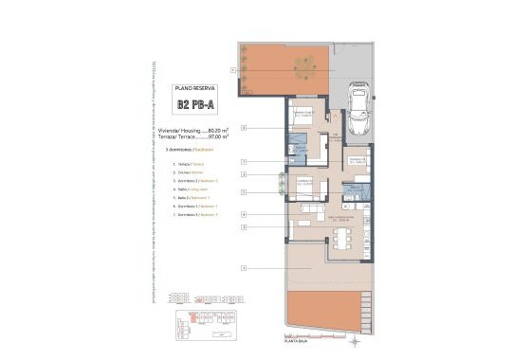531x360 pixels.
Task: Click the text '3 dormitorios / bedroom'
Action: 192,150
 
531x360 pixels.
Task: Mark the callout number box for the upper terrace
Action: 231,70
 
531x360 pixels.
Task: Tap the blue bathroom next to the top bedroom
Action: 298,148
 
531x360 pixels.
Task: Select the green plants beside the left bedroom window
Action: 281,181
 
